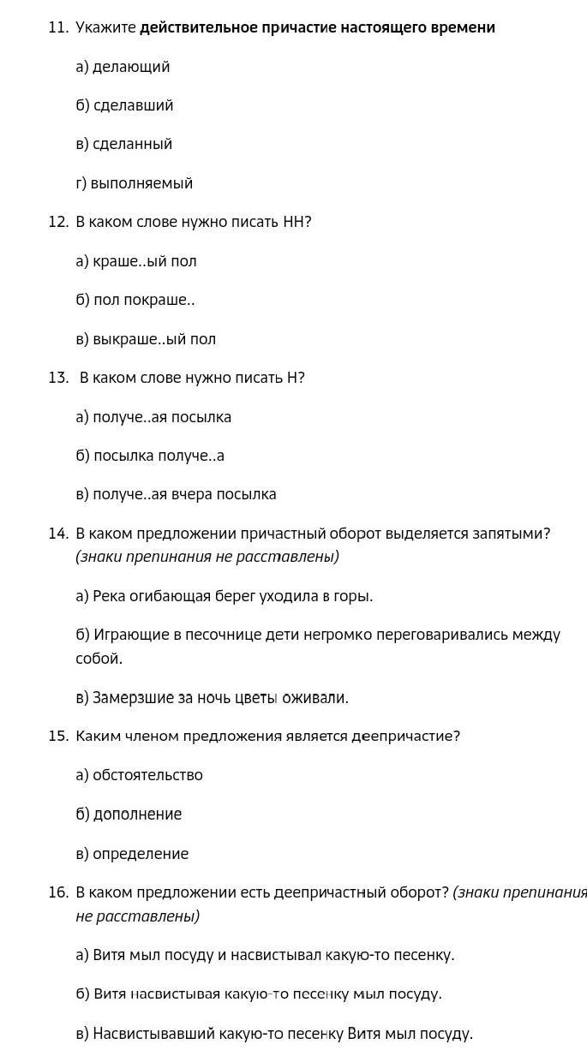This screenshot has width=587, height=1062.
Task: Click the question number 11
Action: pos(57,27)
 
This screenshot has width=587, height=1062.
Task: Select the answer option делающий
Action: pos(131,67)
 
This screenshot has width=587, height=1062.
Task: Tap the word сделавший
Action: pos(133,105)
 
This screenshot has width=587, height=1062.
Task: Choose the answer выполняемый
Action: pos(141,183)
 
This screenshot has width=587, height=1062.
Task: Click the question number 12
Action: pos(57,222)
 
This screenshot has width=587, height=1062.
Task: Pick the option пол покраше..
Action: pos(143,300)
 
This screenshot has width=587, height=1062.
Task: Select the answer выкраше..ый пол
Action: pos(154,339)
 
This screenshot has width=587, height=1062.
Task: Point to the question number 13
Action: pos(57,378)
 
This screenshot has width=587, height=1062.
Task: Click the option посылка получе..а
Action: pos(159,456)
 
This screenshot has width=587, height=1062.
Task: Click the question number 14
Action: pos(57,534)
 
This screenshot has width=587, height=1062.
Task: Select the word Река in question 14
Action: pos(109,596)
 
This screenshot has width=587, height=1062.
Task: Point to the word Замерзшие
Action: pos(133,697)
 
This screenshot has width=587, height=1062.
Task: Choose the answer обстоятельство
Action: pos(147,775)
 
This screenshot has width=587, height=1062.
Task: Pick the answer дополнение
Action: pos(137,814)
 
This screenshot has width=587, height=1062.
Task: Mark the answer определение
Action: pos(141,854)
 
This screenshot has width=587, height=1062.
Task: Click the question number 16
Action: pos(57,892)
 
